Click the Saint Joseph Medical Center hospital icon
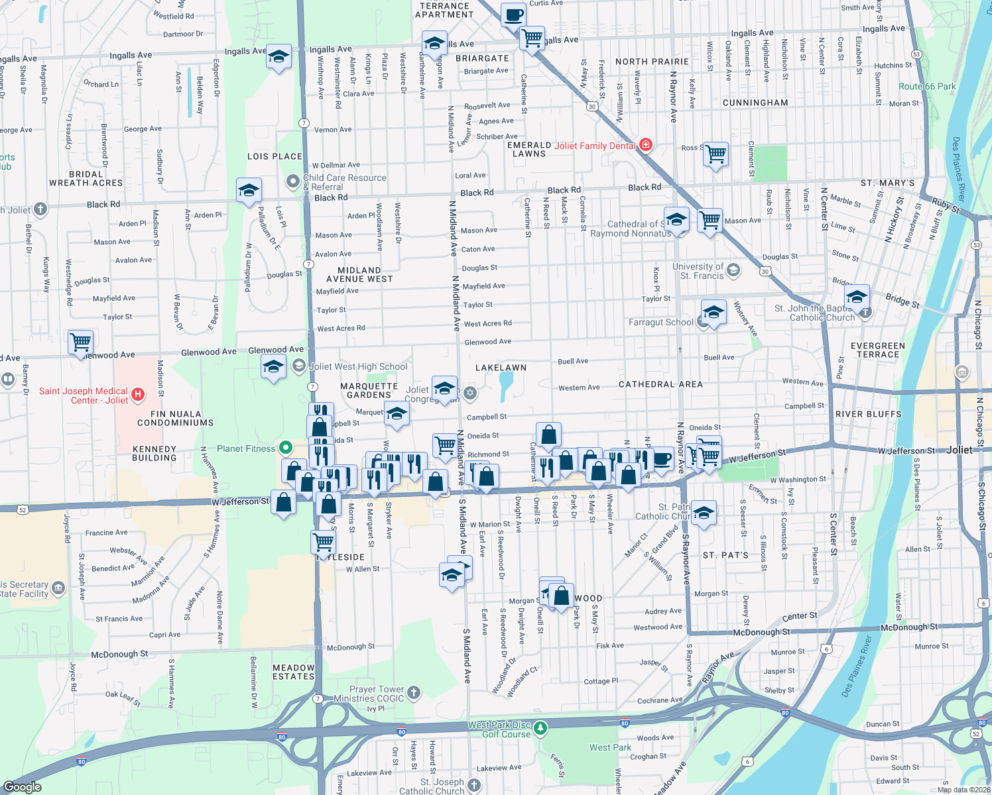point(138,395)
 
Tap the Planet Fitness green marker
point(286,448)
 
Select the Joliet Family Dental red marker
point(646,145)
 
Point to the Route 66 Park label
point(927,87)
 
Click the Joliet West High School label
point(358,366)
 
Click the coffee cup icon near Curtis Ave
point(513,15)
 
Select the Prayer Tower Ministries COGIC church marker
point(414,693)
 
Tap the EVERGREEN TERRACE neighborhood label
point(877,350)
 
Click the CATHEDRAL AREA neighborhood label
point(660,384)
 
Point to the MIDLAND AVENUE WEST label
point(359,274)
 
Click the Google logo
point(23,786)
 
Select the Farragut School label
point(660,322)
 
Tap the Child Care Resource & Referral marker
point(292,181)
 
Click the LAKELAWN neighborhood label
point(501,367)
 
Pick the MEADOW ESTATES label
point(293,672)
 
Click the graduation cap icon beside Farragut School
point(713,312)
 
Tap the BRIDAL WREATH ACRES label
point(86,178)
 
